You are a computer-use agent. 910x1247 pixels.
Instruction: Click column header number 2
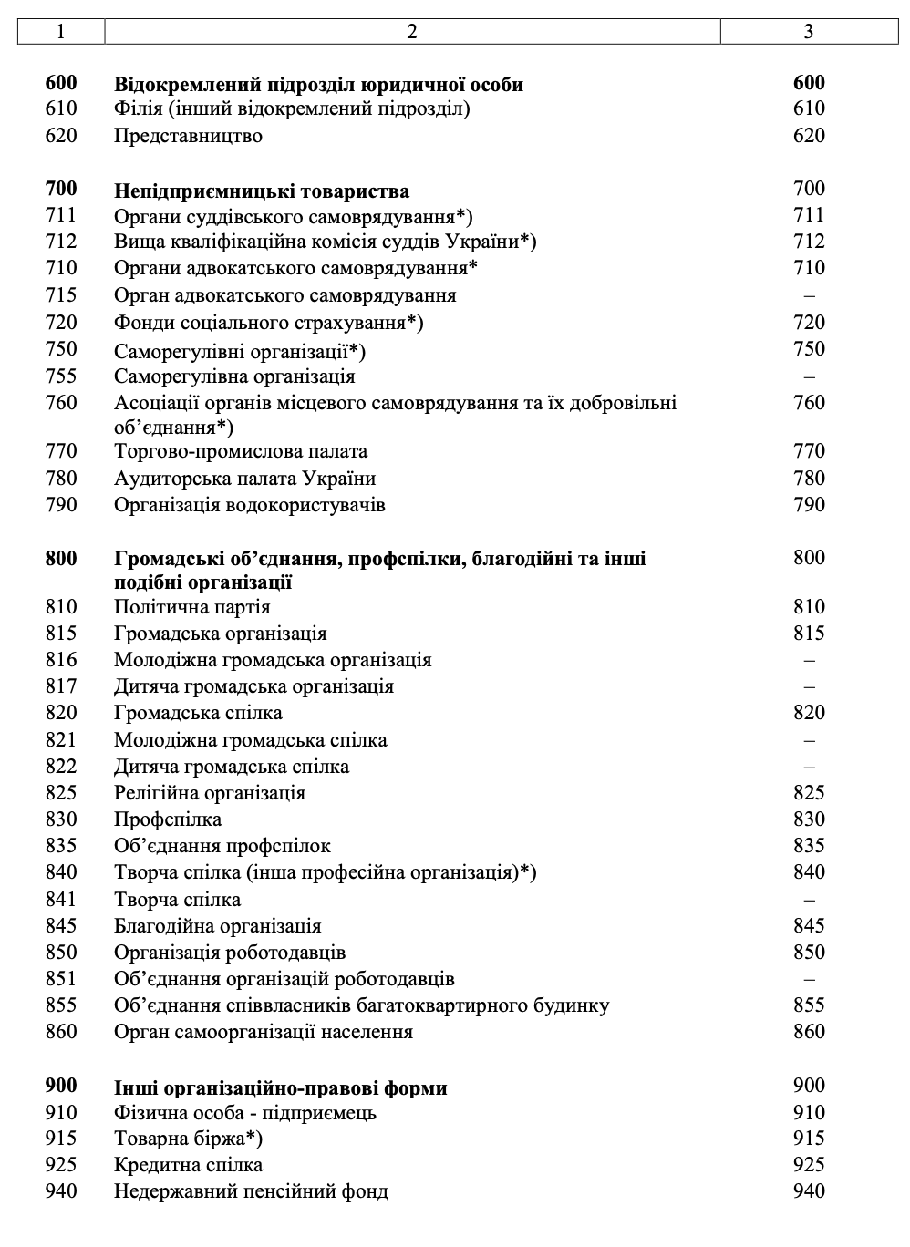click(x=412, y=32)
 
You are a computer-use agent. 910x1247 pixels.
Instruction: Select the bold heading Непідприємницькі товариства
click(x=262, y=191)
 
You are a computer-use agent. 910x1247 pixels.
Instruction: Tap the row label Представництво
click(x=188, y=136)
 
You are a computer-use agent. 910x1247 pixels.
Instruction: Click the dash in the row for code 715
click(x=809, y=295)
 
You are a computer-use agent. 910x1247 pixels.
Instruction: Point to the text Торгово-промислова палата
click(x=241, y=451)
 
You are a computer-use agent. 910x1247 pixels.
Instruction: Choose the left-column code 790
click(x=61, y=505)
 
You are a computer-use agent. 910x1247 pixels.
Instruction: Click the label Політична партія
click(x=191, y=607)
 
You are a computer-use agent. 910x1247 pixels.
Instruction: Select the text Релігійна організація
click(x=210, y=793)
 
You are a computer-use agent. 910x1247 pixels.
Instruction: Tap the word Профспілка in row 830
click(x=168, y=819)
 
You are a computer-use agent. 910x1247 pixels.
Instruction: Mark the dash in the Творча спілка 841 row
click(x=809, y=900)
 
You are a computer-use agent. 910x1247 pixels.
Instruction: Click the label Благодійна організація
click(x=218, y=926)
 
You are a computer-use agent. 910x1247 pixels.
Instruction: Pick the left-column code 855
click(x=61, y=1005)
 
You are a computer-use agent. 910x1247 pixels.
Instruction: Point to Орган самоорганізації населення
click(x=264, y=1032)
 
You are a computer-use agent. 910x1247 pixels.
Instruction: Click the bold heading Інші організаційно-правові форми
click(x=281, y=1088)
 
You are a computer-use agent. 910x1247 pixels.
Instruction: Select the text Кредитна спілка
click(x=188, y=1165)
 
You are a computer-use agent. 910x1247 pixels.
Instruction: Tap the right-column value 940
click(x=809, y=1191)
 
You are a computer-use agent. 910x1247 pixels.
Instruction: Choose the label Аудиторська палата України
click(x=244, y=479)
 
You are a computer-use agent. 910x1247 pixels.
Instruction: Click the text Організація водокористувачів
click(x=250, y=505)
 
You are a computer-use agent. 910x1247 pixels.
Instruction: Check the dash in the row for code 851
click(x=809, y=979)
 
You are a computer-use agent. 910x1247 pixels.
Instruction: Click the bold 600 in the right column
click(x=809, y=83)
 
